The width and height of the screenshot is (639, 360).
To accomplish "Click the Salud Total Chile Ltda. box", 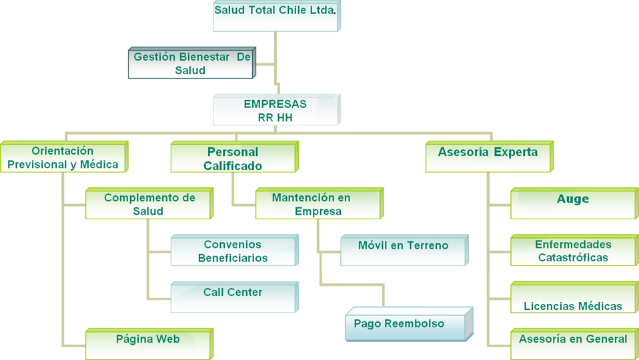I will (x=275, y=15).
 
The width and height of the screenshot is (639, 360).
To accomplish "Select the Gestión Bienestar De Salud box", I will (x=191, y=64).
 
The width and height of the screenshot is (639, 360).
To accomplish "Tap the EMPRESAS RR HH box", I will (x=275, y=111).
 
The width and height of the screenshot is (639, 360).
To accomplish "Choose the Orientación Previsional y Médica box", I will (x=63, y=158).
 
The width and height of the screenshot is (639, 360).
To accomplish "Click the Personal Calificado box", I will (x=233, y=159).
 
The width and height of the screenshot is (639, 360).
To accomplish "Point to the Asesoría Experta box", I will (x=488, y=156).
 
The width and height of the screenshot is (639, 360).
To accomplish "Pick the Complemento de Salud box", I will (x=149, y=204).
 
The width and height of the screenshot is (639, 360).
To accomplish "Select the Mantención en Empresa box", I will (x=318, y=204).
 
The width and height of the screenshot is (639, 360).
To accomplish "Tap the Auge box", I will (x=573, y=203).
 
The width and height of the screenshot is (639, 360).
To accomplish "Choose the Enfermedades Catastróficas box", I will (x=573, y=251).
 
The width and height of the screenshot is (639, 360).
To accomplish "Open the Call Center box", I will (x=233, y=297).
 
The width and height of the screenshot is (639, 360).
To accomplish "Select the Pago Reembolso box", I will (x=408, y=324).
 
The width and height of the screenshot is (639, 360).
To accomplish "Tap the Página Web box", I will (x=148, y=343).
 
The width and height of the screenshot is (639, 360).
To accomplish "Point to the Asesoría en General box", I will (x=573, y=343).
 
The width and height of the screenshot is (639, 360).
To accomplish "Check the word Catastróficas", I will (x=574, y=257).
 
